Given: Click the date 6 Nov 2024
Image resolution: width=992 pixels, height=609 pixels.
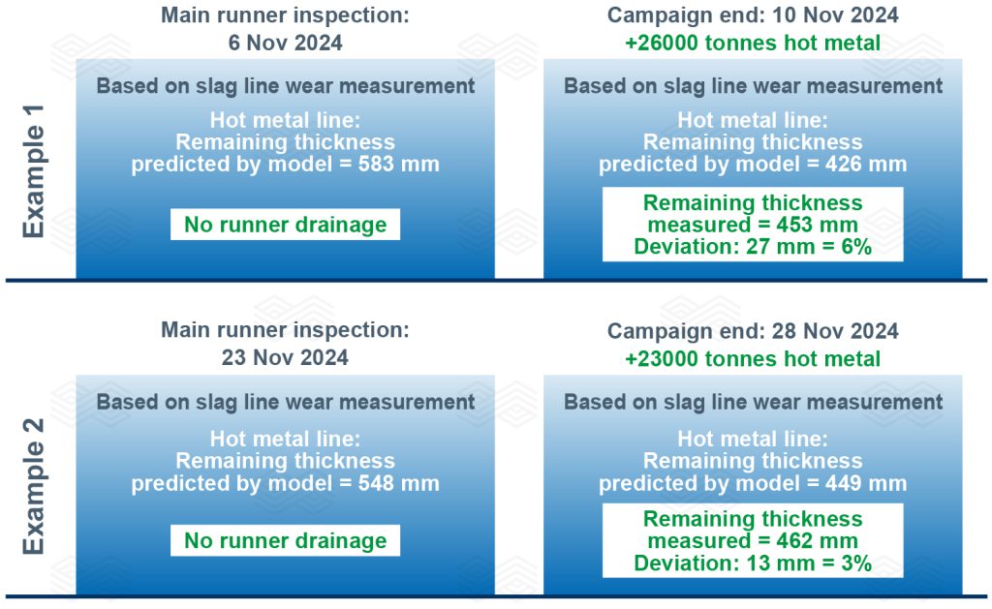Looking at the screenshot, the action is point(286,43).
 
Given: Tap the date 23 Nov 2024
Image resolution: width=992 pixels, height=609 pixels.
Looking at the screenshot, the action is point(285,357).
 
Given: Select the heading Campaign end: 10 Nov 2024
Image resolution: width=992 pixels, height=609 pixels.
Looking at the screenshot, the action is point(753,15).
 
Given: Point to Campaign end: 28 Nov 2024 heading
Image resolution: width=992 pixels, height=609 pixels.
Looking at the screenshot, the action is point(753,331).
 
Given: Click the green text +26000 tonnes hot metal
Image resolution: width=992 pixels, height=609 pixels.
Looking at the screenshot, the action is point(753,43).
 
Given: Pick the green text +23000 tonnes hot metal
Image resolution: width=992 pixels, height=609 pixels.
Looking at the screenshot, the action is point(753,358).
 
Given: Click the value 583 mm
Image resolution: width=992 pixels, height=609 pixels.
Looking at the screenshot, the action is point(398,164).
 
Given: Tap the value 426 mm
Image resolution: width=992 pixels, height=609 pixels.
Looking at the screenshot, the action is point(866,164).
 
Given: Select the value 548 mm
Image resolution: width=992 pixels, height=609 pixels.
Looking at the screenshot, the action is point(398,483).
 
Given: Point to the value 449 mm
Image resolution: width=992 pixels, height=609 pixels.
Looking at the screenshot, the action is point(866,483).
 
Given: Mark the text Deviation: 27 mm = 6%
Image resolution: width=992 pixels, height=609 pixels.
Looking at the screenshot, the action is point(753,247).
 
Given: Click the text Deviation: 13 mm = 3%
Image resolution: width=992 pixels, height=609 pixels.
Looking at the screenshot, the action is point(753,563).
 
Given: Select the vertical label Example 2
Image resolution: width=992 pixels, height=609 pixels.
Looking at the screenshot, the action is point(34,486).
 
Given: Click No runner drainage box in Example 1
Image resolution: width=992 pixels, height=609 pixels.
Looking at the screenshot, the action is point(286,225).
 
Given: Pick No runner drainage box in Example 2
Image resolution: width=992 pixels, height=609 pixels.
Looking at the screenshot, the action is point(286,540).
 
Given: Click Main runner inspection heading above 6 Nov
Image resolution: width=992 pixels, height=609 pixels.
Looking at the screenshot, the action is point(286,15).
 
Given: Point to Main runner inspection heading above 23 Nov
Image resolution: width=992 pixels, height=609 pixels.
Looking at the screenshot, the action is point(286,329).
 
